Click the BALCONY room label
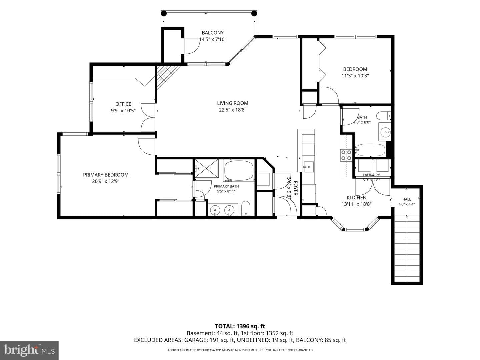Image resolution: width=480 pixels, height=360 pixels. (x=212, y=33)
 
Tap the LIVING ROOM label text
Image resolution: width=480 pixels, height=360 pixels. (x=232, y=103)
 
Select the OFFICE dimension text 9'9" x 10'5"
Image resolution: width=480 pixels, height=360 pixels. (x=123, y=111)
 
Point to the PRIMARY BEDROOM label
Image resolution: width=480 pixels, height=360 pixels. (x=106, y=175)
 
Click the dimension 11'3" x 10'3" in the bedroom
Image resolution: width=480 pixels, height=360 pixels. (x=355, y=76)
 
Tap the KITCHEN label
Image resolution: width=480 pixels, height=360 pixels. (x=356, y=198)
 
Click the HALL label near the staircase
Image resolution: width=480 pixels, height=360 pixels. (x=407, y=199)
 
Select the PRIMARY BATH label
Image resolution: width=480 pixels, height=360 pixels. (x=226, y=186)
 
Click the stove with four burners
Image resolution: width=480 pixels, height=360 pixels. (x=346, y=155)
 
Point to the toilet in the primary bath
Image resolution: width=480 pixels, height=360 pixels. (x=246, y=208)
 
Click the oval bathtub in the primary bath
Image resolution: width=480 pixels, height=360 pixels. (x=239, y=171)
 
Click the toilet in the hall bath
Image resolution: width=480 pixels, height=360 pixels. (x=384, y=116)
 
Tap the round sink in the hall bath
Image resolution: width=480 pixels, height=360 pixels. (x=385, y=132)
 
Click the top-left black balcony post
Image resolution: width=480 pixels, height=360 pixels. (x=164, y=14)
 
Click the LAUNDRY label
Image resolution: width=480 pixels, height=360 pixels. (x=371, y=175)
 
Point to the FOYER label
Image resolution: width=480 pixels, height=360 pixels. (x=295, y=188)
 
